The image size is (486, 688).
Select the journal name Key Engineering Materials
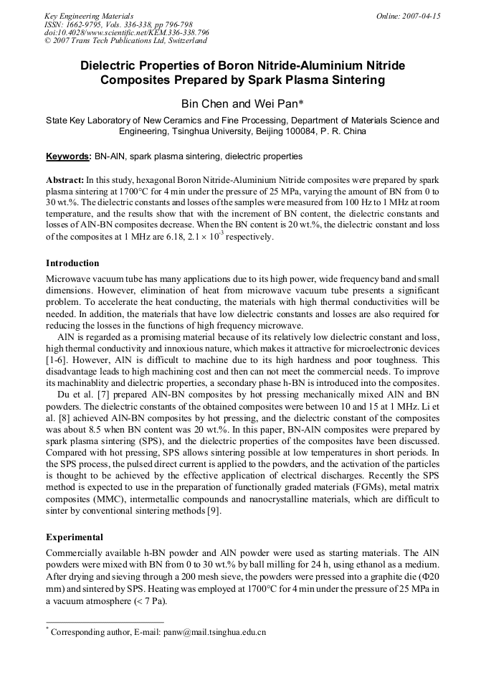coord(89,16)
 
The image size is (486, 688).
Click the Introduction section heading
coord(72,263)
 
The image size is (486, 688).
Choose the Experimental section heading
coord(75,537)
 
